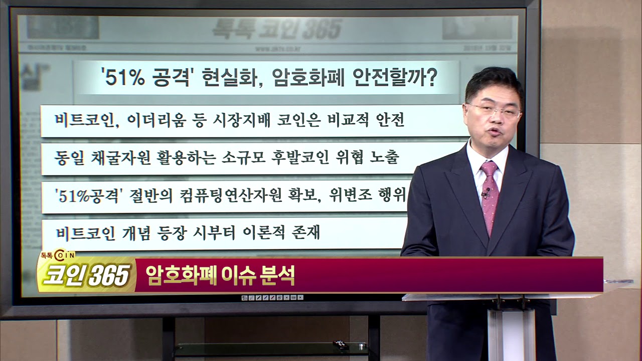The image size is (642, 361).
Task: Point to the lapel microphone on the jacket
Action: pos(486,191)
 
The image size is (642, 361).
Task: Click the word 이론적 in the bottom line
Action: pos(266,233)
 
